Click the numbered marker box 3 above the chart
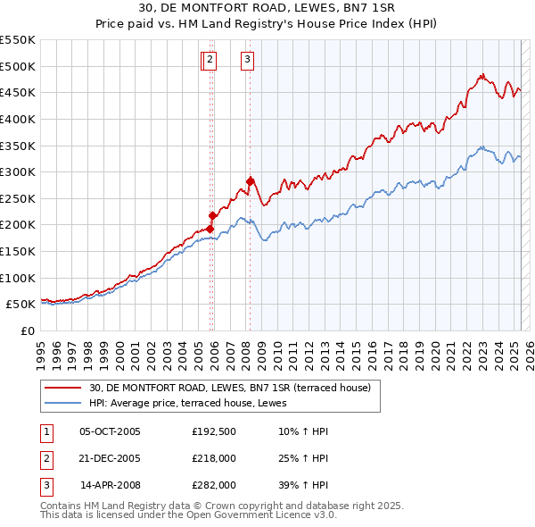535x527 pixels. [x=247, y=60]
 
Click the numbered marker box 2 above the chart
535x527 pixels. [x=210, y=60]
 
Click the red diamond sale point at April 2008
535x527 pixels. [x=251, y=181]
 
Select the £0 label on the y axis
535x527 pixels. [x=26, y=330]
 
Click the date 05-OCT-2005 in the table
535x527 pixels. [x=111, y=431]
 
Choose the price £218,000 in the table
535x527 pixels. [x=214, y=458]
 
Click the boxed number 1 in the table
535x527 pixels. [x=45, y=431]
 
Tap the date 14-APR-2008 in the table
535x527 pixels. [x=111, y=485]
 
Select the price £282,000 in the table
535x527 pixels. [x=214, y=485]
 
